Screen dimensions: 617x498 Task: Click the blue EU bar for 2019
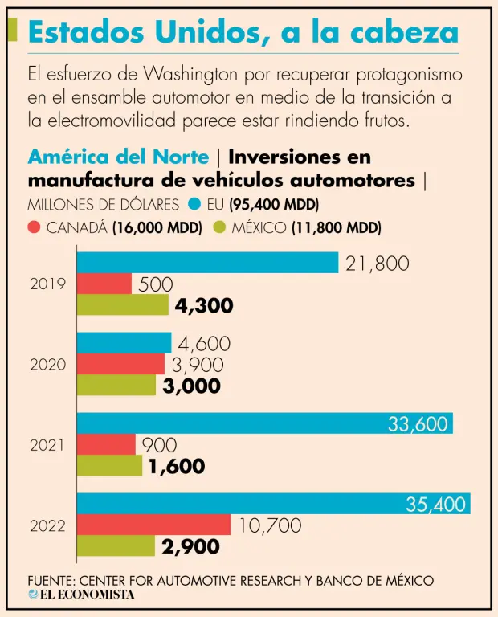207,262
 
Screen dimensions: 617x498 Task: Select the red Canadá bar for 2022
153,525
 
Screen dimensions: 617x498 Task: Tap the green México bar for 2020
116,385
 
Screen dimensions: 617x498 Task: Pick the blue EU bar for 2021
265,423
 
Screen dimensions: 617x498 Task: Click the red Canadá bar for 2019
104,284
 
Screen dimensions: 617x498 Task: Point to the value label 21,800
377,263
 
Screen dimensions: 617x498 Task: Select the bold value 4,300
204,305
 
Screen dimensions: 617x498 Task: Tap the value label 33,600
418,424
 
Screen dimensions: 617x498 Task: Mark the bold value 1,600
176,466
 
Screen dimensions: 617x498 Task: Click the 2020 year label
48,365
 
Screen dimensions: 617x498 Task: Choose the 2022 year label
48,527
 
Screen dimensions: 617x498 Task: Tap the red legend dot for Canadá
34,227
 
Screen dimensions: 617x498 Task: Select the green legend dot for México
218,227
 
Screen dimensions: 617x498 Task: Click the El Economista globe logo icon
33,595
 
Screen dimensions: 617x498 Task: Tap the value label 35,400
436,505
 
